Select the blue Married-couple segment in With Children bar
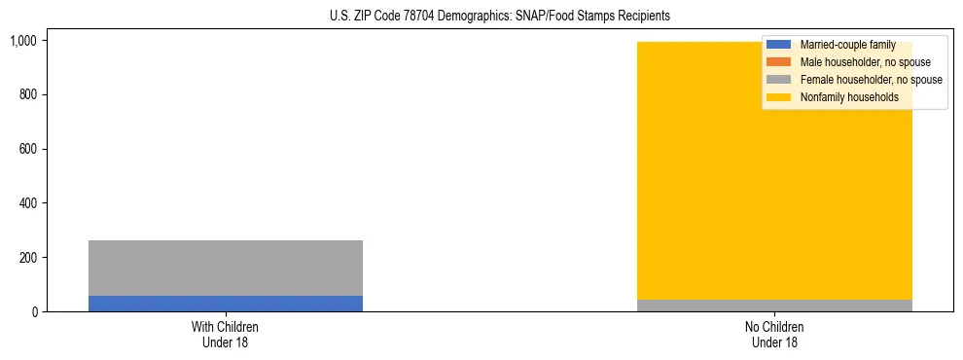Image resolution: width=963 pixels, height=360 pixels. click(226, 304)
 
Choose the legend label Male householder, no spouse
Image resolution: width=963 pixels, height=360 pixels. click(865, 62)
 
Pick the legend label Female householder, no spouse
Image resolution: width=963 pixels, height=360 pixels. click(871, 80)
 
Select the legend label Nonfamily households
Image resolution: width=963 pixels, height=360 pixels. click(849, 97)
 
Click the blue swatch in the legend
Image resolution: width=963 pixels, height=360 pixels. click(780, 45)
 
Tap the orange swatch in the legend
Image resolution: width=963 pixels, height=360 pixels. click(780, 62)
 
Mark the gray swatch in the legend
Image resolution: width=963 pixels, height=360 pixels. click(780, 80)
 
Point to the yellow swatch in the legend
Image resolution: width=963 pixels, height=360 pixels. click(780, 97)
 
